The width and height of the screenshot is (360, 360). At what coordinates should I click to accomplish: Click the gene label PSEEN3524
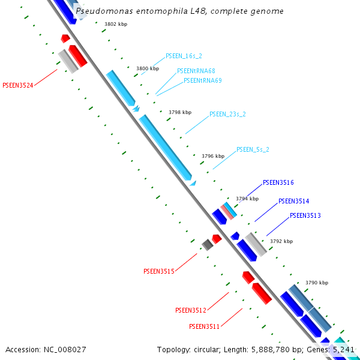18,85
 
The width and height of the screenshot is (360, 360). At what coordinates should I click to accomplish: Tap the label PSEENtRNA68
196,71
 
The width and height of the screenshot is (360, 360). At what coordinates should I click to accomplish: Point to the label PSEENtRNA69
202,80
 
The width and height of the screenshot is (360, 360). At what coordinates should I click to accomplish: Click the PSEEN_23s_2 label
227,113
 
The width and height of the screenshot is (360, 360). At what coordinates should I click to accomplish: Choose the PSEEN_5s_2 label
253,149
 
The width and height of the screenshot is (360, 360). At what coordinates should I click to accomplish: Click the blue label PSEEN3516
278,182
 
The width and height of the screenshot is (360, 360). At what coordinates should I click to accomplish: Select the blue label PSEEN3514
293,201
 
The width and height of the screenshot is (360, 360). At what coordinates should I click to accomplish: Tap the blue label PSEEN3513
305,215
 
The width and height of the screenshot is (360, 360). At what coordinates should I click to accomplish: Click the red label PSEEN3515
158,271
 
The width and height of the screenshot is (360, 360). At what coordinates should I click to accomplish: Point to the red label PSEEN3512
190,310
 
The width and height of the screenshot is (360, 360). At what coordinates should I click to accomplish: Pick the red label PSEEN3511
204,326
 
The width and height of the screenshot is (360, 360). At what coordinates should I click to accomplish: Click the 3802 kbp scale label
115,25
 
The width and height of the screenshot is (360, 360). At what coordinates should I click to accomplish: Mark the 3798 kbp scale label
179,112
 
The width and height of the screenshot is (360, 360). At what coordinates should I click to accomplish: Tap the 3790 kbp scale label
317,283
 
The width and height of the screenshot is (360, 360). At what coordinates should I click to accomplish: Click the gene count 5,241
343,349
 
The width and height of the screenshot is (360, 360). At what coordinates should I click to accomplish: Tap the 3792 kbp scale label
281,241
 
